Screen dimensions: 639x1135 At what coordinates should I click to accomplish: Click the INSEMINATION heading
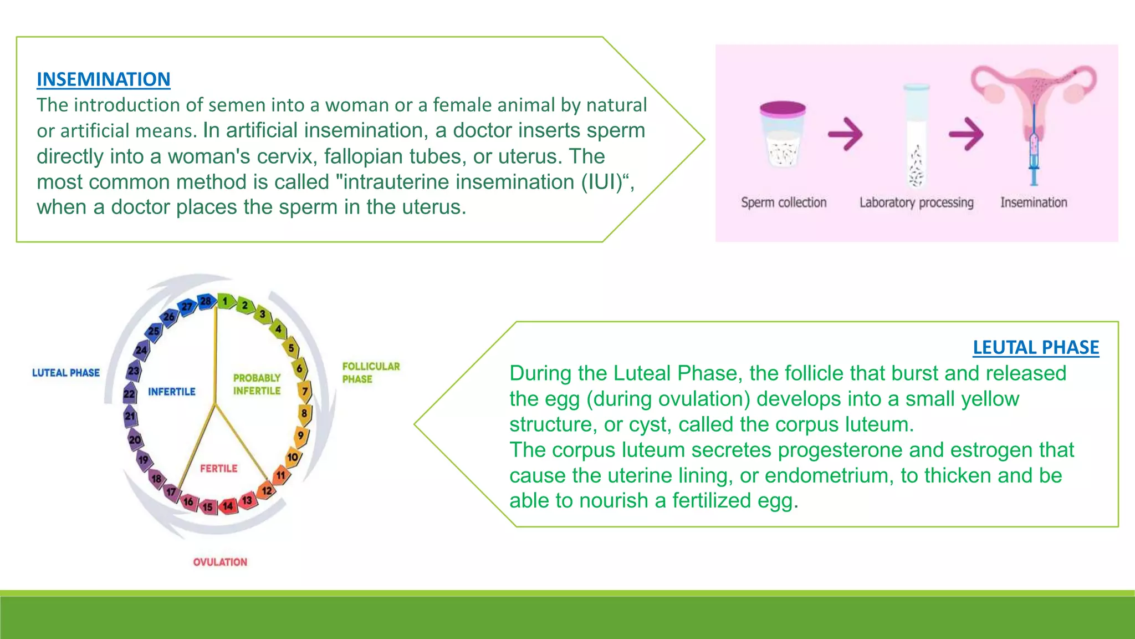click(x=103, y=79)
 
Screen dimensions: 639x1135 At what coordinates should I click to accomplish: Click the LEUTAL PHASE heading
click(x=1035, y=347)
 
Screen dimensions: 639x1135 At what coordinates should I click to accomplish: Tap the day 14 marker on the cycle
click(x=228, y=506)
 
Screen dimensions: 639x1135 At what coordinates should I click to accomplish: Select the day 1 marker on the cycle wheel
click(x=225, y=301)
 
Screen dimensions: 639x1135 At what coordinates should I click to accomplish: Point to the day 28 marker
click(x=206, y=301)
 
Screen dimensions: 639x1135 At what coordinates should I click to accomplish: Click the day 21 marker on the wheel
click(x=130, y=416)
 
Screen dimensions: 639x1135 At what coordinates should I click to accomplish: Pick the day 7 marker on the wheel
click(x=305, y=392)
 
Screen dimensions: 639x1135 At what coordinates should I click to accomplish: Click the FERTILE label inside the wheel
click(x=218, y=469)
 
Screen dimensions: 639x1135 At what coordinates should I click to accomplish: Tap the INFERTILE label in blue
click(x=171, y=392)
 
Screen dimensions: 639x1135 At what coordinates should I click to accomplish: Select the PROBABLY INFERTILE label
click(x=257, y=384)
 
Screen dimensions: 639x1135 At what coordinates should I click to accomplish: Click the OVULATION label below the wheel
click(x=220, y=562)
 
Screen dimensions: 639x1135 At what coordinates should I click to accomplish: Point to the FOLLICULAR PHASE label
click(x=370, y=373)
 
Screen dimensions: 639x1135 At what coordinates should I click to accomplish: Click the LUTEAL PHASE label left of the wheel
click(x=65, y=373)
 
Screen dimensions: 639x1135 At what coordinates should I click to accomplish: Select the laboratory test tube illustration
click(x=916, y=136)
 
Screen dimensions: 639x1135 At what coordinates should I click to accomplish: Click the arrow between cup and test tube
click(x=845, y=134)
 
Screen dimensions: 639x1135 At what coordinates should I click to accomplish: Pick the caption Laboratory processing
click(x=916, y=202)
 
